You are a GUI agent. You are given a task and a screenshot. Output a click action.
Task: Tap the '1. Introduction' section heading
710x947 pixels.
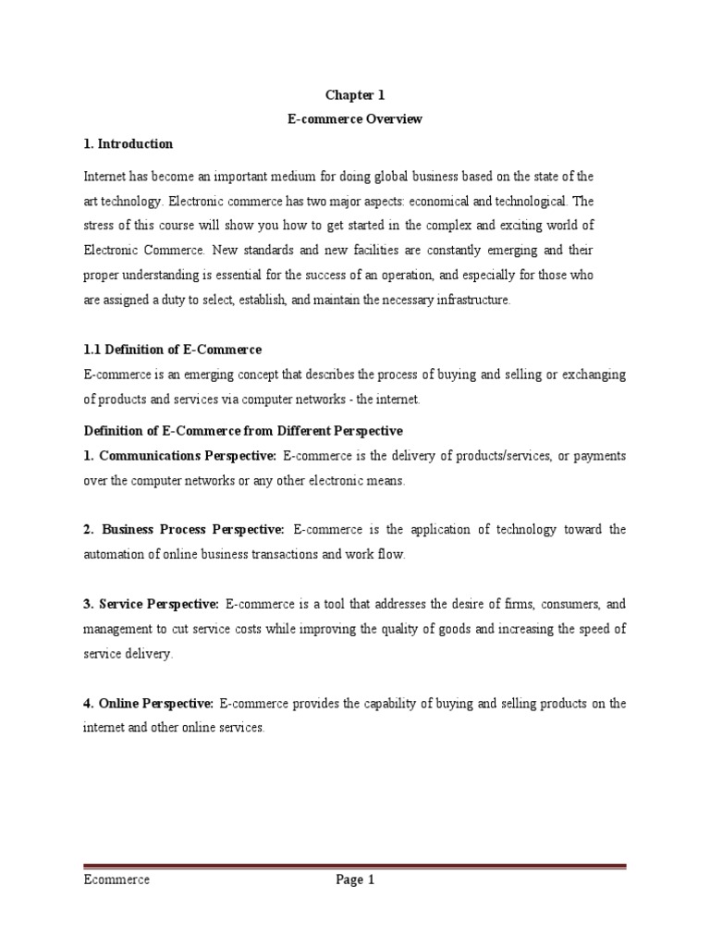point(128,143)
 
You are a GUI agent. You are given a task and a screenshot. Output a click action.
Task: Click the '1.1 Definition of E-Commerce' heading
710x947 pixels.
point(173,350)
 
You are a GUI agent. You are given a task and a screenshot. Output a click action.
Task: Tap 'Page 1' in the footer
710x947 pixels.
point(355,880)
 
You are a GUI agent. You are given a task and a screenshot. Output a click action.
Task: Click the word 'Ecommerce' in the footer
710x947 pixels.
point(116,880)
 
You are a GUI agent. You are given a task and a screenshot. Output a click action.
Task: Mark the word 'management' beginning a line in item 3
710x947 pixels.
point(116,629)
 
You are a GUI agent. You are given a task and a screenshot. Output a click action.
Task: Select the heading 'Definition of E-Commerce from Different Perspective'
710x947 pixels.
point(243,431)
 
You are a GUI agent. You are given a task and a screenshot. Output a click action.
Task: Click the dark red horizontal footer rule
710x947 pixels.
point(355,867)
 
